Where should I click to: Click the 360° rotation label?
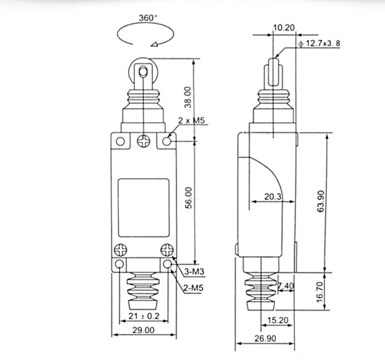pos(148,18)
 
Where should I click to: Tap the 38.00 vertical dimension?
pos(188,97)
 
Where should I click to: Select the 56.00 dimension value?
pos(188,198)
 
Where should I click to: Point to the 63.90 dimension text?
pos(321,201)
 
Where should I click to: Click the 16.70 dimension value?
pos(320,292)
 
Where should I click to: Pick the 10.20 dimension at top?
pos(284,28)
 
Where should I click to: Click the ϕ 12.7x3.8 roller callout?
pos(319,44)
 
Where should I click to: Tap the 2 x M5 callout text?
pos(191,120)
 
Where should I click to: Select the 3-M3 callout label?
pos(194,272)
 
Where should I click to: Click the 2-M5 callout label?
pos(194,288)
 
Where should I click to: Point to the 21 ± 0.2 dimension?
pos(144,316)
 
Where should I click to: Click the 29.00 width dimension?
pos(144,330)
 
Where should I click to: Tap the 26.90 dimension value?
pos(265,338)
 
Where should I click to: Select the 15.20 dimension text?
pos(278,320)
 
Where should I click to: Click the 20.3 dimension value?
pos(273,196)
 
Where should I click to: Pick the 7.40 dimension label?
pos(286,286)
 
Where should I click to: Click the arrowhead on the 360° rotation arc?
pos(154,44)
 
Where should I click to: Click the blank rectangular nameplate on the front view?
pos(144,208)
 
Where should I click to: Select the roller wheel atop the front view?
pos(143,72)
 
